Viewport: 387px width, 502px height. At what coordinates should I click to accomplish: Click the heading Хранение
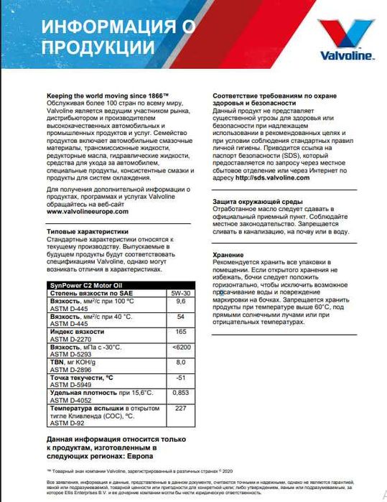[x=229, y=254]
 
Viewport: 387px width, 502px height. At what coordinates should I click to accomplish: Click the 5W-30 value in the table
[x=181, y=294]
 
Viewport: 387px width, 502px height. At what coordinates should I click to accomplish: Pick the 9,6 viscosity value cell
[x=181, y=302]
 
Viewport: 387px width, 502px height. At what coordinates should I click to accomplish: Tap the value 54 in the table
[x=181, y=317]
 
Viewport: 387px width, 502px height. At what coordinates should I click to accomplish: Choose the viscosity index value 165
[x=181, y=333]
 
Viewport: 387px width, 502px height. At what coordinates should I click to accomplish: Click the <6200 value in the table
[x=181, y=348]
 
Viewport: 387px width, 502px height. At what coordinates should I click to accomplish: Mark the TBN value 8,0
[x=181, y=363]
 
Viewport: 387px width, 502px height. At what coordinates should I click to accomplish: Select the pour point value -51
[x=181, y=378]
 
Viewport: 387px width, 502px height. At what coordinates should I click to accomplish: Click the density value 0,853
[x=181, y=393]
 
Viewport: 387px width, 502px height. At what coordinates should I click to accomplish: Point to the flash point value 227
[x=181, y=408]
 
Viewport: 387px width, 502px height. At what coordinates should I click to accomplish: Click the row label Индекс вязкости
[x=78, y=332]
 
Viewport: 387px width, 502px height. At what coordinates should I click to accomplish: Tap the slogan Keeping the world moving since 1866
[x=107, y=94]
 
